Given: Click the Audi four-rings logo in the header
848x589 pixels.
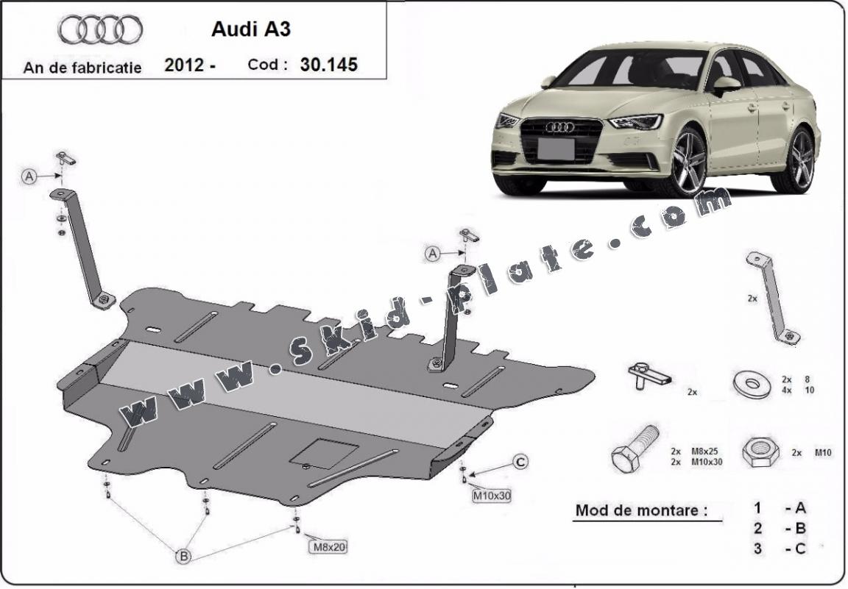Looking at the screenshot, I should [100, 30].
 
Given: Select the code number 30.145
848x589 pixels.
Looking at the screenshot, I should [328, 65].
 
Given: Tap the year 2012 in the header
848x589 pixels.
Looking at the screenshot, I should [185, 65].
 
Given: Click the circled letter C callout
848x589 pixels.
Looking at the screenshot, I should [520, 462].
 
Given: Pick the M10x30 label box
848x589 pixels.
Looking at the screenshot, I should [492, 495].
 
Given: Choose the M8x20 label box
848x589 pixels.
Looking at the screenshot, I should [329, 546].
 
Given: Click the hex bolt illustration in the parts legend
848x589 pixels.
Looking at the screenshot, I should [635, 450].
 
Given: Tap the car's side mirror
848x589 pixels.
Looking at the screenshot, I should [726, 84].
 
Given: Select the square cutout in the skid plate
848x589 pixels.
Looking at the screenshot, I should [324, 453].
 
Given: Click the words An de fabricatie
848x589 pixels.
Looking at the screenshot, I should [82, 68].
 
